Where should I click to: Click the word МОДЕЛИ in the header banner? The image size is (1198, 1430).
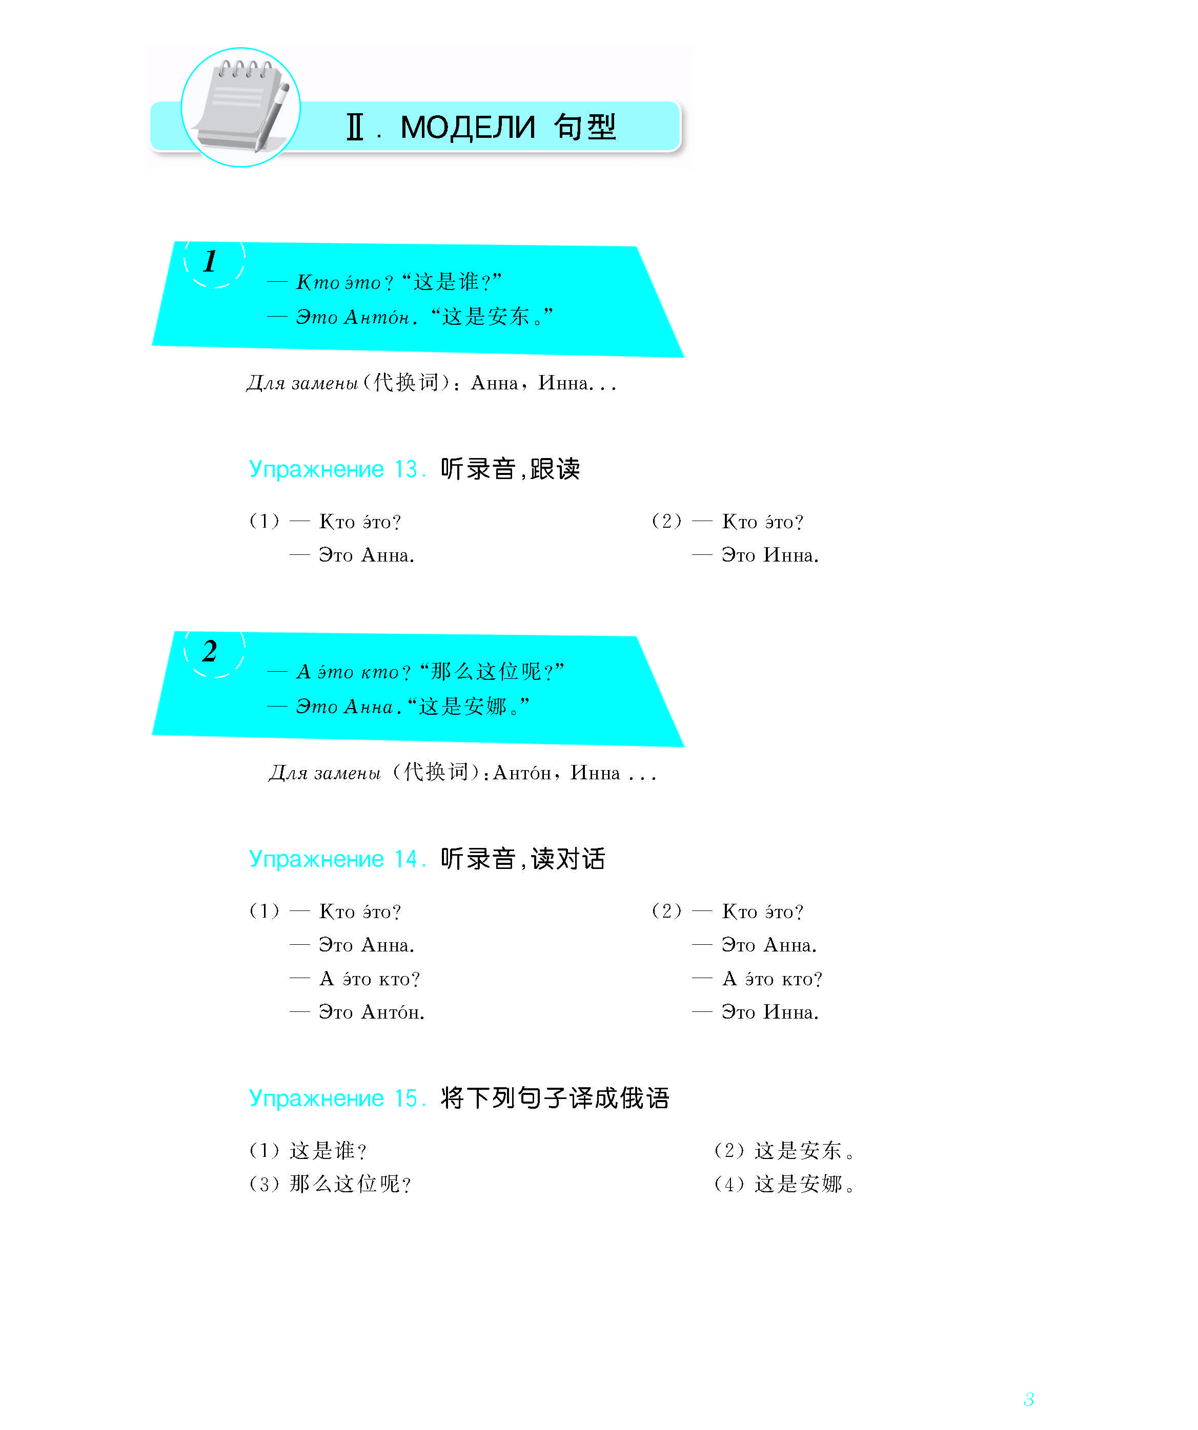[x=468, y=128]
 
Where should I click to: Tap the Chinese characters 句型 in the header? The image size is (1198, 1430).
[x=585, y=127]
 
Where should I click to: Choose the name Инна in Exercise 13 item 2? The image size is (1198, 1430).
[x=789, y=556]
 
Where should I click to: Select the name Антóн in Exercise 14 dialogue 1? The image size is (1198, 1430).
[x=393, y=1012]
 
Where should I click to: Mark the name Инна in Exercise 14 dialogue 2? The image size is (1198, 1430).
[x=789, y=1012]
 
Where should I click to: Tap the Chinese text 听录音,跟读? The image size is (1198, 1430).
[x=510, y=469]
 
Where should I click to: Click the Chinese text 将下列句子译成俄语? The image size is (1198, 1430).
[x=555, y=1099]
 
